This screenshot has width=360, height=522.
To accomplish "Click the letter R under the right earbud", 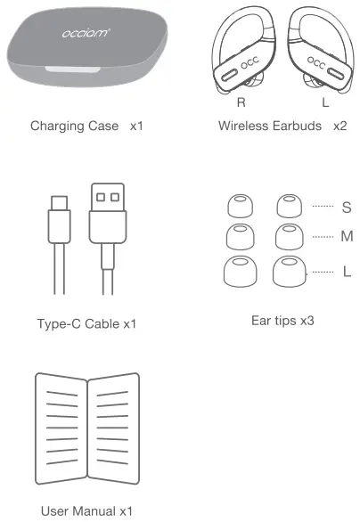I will coord(240,102).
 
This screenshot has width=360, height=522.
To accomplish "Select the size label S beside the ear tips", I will coord(346,208).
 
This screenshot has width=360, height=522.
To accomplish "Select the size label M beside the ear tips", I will coord(347,237).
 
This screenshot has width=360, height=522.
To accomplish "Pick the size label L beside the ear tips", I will coord(347,271).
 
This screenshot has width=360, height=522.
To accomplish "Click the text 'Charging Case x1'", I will coord(86,126).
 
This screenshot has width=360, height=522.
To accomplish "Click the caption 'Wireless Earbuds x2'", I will coord(282,126).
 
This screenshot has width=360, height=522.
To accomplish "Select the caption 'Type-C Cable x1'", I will coord(87,324).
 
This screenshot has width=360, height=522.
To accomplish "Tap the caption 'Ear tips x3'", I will coord(282,318).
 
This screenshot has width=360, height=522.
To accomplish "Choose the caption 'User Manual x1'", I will coord(87,511).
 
